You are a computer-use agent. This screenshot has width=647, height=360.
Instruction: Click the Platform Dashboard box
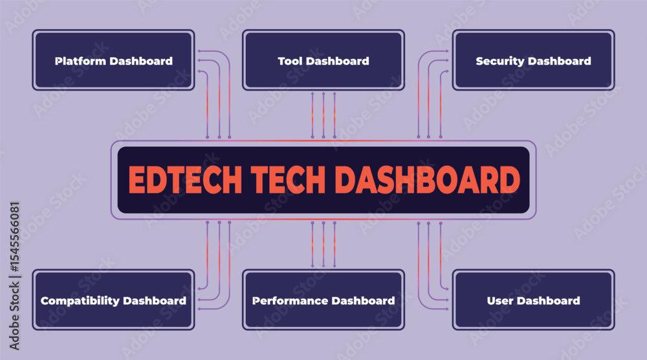[x=113, y=60]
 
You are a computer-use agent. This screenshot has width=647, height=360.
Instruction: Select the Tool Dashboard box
[x=323, y=60]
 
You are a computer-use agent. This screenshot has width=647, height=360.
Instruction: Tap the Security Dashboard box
[x=534, y=60]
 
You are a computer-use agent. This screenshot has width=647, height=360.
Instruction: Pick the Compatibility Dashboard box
[x=113, y=300]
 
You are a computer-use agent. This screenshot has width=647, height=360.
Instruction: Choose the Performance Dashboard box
[x=323, y=300]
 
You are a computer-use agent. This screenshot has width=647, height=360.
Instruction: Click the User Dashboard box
[x=534, y=300]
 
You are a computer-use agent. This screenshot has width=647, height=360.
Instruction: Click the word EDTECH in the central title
[x=185, y=180]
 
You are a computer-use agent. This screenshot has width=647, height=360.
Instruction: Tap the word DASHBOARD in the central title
[x=427, y=180]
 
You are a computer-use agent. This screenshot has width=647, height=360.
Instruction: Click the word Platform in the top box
[x=81, y=61]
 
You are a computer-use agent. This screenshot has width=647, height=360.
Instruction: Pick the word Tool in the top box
[x=290, y=61]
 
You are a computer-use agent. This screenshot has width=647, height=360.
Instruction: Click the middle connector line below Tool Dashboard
[x=323, y=115]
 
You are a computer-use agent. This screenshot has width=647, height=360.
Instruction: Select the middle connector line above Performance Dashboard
[x=323, y=244]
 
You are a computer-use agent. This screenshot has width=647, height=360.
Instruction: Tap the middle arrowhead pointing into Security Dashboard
[x=446, y=61]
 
